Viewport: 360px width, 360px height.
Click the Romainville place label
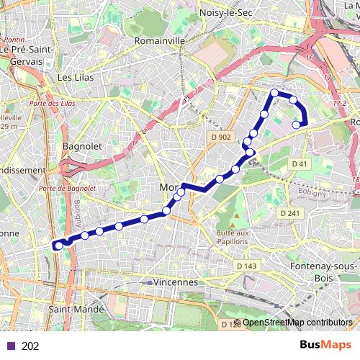point(160,41)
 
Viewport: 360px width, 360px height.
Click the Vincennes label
point(175,282)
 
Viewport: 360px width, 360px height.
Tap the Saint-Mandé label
point(76,309)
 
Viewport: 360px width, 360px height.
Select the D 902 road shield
point(221,137)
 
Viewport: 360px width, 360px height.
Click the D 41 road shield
point(299,164)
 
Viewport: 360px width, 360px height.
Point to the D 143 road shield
point(247,266)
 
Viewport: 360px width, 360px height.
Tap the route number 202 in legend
point(30,346)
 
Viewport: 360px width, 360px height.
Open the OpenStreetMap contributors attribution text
point(297,322)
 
